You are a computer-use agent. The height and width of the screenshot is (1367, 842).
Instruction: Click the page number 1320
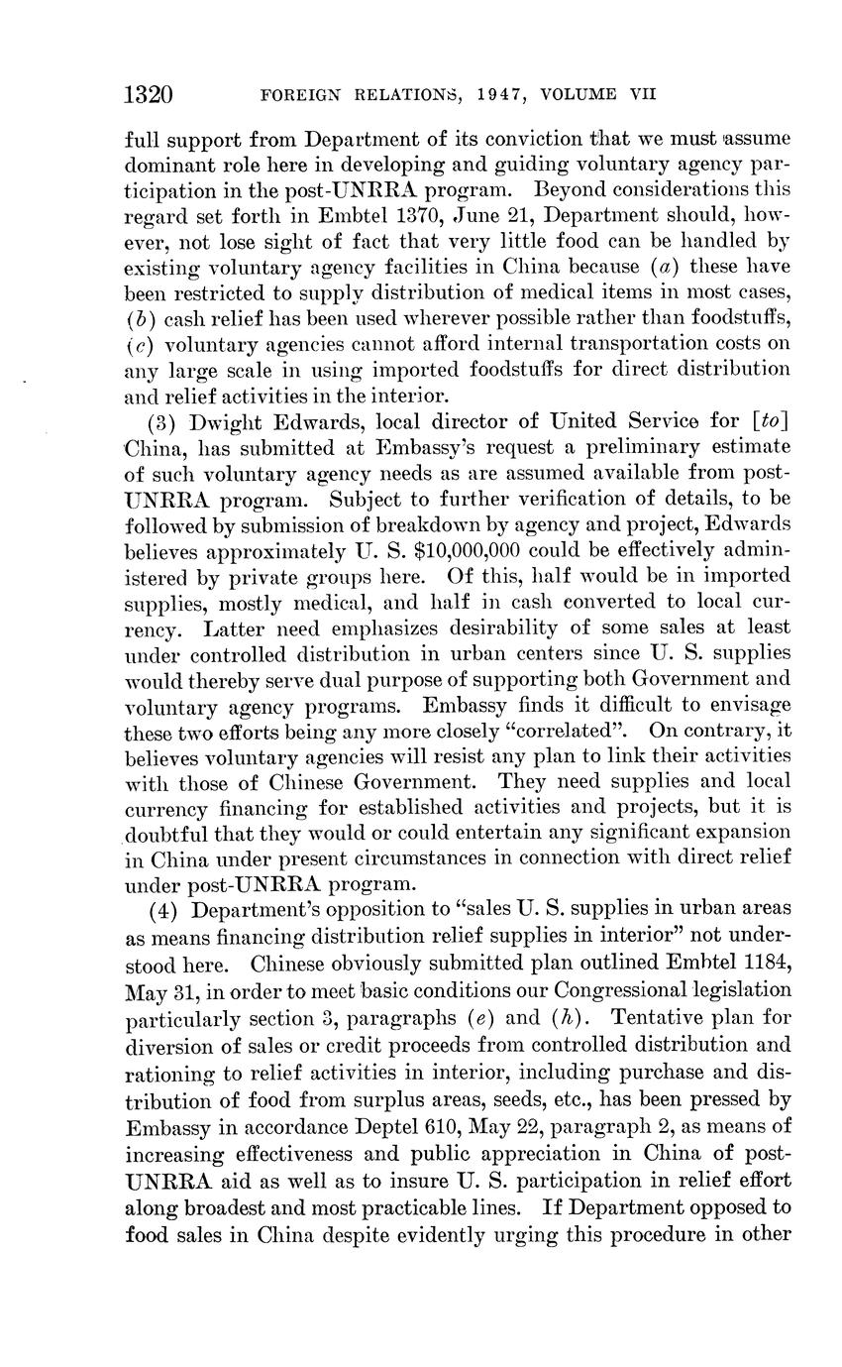150,95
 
